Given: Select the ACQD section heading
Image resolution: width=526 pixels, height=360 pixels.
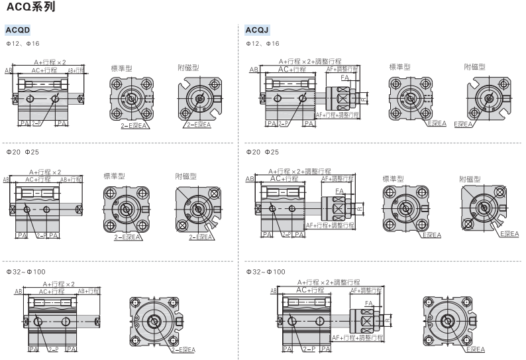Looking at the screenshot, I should tap(18, 30).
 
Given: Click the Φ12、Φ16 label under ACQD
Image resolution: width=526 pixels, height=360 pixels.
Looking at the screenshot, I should tap(23, 44).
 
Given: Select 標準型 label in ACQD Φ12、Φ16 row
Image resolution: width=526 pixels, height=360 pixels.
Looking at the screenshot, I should tap(121, 68).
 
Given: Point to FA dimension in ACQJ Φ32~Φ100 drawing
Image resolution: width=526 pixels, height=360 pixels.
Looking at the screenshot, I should tap(369, 303).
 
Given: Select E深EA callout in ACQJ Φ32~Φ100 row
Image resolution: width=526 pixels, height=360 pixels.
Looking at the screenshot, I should tap(475, 349).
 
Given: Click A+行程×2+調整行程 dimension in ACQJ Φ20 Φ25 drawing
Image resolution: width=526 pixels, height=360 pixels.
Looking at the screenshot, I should tap(300, 171).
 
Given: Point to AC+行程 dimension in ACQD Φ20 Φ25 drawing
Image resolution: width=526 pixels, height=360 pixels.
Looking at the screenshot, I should tap(38, 179).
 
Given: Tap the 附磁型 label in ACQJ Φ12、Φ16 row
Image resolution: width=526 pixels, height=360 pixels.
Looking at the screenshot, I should tap(474, 67).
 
